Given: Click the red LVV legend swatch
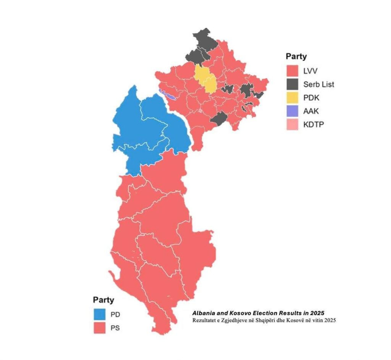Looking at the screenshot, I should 292,70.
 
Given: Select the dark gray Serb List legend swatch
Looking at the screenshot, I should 292,84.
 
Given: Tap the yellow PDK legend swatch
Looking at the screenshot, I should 292,97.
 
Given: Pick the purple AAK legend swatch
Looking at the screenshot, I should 292,111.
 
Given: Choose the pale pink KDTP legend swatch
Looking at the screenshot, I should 292,124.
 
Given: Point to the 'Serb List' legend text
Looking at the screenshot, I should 319,84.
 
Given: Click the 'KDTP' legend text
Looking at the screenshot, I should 313,124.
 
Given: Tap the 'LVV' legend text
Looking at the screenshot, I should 310,70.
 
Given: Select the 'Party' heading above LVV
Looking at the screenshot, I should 296,56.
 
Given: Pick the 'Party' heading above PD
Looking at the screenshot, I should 103,300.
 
